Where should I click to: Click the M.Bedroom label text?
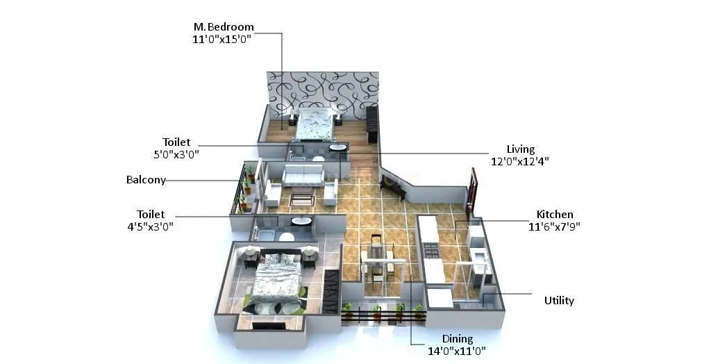(223, 27)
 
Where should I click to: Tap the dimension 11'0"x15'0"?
(221, 40)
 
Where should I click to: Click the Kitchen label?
(554, 214)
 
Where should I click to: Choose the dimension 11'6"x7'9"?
(554, 226)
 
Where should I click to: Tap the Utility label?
(559, 301)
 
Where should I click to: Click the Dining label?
(457, 339)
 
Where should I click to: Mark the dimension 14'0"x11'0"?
(456, 351)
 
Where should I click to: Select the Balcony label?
(146, 180)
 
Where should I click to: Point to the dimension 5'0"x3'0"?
(176, 154)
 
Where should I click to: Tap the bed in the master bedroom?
(315, 125)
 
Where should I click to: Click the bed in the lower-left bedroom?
(275, 281)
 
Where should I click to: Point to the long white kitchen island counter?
(430, 247)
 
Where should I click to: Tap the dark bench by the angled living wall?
(392, 186)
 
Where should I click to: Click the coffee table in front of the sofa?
(302, 199)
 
